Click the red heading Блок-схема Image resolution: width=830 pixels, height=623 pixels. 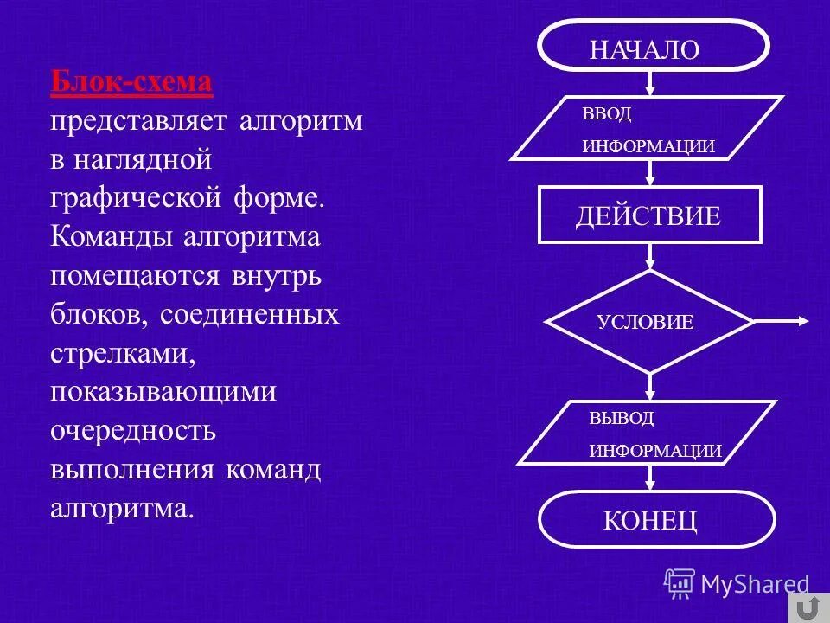[131, 83]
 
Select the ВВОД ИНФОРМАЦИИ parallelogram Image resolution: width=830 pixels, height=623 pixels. [648, 128]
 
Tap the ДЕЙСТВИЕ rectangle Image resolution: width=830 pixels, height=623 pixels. [649, 215]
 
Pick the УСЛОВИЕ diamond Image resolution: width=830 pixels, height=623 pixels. [648, 322]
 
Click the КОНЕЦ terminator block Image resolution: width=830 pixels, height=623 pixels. [656, 519]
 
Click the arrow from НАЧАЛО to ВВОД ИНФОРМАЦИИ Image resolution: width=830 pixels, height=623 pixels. [650, 82]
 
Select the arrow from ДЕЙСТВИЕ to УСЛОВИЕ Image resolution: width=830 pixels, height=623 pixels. [650, 256]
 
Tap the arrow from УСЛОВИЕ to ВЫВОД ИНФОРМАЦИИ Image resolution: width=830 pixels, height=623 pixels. [650, 387]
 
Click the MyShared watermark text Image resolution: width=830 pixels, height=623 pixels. [754, 585]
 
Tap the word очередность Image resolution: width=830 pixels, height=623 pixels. [131, 430]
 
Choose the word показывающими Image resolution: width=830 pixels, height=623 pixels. [163, 392]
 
